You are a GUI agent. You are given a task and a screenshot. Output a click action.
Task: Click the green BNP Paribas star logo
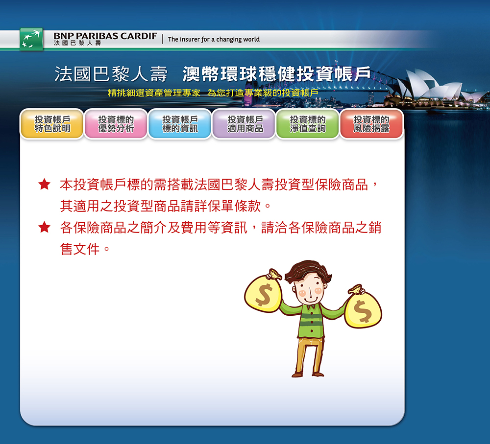click(31, 39)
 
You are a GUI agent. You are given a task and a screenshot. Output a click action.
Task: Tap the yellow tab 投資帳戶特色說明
click(52, 124)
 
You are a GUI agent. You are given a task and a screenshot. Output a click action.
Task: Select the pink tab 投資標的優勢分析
click(116, 124)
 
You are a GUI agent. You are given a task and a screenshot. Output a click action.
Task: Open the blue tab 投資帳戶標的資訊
click(180, 124)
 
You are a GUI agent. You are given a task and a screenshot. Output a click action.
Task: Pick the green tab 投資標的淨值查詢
click(308, 124)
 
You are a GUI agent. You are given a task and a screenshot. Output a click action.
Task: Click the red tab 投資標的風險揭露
click(371, 124)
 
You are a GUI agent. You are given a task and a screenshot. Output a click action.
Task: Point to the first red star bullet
click(45, 184)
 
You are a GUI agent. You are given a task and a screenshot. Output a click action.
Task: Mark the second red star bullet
click(45, 227)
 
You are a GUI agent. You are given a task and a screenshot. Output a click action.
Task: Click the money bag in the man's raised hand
click(263, 291)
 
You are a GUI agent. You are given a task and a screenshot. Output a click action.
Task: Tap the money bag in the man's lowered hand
click(363, 307)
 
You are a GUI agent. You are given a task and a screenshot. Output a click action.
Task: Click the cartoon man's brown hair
click(308, 271)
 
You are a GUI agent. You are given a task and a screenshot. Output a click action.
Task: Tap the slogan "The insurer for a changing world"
click(214, 39)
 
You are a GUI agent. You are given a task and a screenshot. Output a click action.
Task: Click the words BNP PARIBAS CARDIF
click(105, 36)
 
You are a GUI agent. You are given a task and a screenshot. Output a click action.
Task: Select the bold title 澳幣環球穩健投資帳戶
click(276, 74)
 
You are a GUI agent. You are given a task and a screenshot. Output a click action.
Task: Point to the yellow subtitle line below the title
click(213, 93)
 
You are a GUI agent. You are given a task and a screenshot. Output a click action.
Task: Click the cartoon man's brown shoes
click(308, 374)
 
